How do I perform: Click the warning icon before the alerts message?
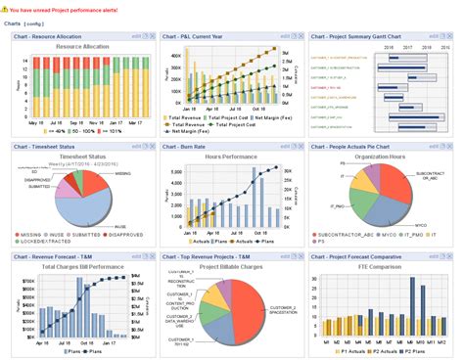click(6, 7)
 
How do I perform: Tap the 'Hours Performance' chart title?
click(233, 157)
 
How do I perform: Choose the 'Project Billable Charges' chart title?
click(232, 267)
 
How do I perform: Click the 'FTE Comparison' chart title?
click(379, 267)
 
